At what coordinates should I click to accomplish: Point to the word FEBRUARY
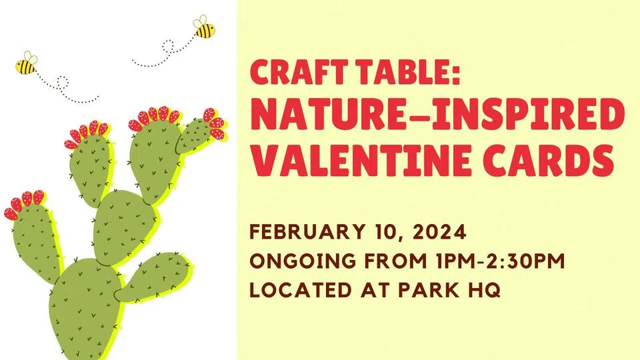(307, 232)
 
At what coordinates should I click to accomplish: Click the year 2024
(439, 232)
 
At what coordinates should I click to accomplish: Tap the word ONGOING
(303, 261)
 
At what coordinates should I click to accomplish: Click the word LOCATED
(301, 290)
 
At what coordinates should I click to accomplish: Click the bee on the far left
(27, 63)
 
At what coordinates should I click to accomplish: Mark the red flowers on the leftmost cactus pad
(24, 205)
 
